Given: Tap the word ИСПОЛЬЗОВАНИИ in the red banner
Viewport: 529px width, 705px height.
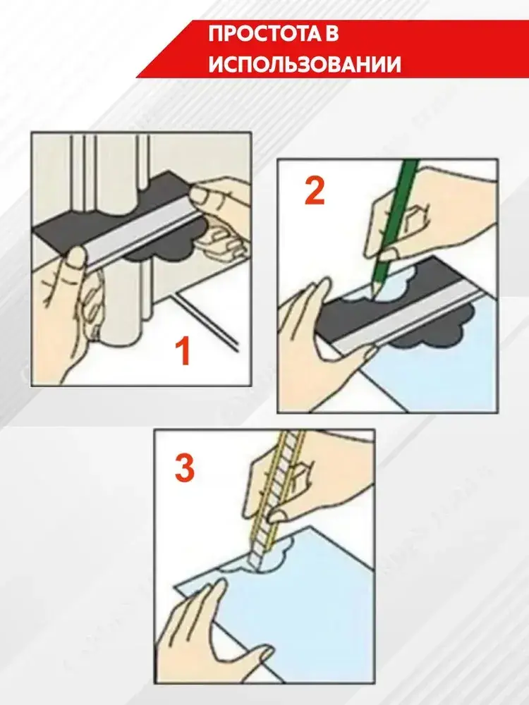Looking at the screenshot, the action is click(305, 65).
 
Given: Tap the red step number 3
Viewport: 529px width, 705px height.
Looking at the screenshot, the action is click(184, 467).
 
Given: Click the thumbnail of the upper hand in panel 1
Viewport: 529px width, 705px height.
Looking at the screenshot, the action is click(197, 194).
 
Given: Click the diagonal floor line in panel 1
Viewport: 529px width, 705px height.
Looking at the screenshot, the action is click(208, 320).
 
